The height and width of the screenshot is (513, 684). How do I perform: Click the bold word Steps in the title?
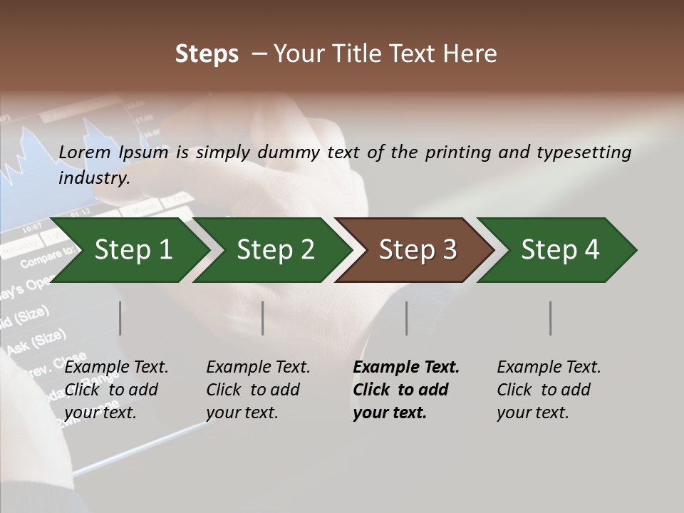coord(207,54)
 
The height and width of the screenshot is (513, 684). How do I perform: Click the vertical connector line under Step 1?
coord(120,318)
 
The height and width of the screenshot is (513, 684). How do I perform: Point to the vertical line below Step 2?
coord(263,318)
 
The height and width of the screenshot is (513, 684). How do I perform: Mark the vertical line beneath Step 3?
coord(406,318)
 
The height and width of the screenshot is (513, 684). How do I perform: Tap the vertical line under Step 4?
coord(550,318)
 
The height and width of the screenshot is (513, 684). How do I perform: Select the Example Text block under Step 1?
coord(115,390)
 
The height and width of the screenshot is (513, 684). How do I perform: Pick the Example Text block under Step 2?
coord(257,390)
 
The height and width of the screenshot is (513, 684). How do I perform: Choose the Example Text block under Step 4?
coord(548,390)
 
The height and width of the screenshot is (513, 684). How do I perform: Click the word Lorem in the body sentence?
coord(85,152)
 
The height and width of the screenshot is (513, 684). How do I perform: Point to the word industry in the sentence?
coord(93,178)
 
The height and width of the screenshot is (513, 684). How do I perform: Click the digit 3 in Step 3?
coord(449,250)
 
